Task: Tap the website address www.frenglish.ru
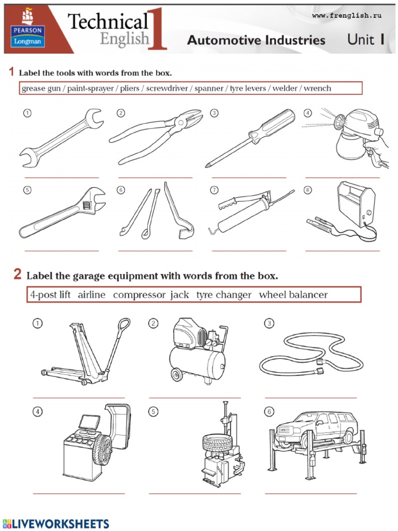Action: point(347,16)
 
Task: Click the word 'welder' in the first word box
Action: point(286,88)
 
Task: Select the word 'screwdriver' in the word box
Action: point(167,88)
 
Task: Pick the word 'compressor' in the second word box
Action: point(139,295)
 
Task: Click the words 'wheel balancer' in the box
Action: point(293,295)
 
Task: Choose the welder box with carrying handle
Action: point(357,204)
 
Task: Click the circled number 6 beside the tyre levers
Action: point(121,190)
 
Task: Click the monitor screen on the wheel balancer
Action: point(89,422)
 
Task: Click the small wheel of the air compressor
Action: point(177,374)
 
